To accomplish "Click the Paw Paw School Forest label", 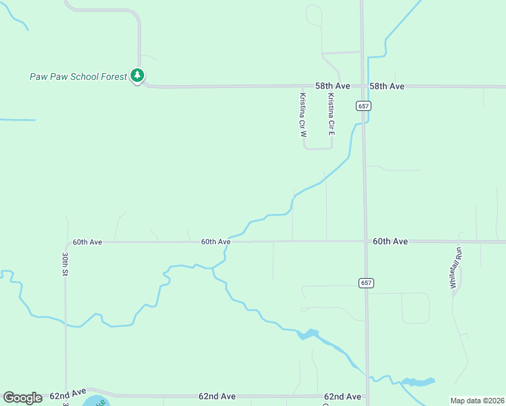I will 78,76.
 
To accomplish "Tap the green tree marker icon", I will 138,75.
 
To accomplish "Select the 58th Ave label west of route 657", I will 332,86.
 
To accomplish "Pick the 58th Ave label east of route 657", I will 386,86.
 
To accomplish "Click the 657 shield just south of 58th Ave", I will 364,106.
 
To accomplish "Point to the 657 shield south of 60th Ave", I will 366,283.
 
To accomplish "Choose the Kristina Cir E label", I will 331,114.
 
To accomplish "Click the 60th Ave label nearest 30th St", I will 87,242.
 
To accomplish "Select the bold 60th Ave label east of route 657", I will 390,241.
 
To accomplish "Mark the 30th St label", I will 66,265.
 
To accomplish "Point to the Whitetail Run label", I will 457,268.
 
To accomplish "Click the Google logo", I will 22,398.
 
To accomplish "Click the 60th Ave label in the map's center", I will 216,242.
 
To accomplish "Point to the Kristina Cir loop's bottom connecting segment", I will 318,148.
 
